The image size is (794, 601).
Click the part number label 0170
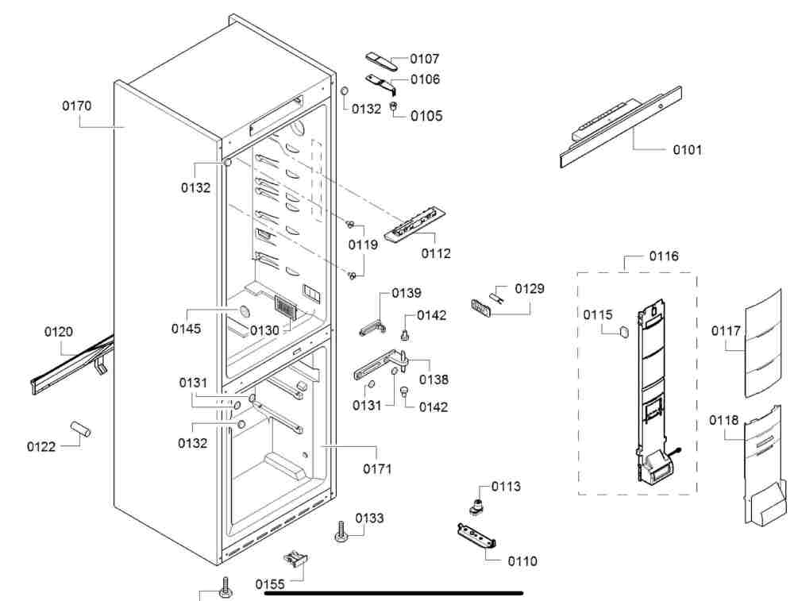coord(77,106)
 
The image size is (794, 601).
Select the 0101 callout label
coord(687,150)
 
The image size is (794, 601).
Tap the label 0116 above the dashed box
coord(664,256)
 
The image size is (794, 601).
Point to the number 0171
coord(377,469)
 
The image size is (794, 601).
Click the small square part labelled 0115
coord(623,331)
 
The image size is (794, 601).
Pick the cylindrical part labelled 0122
coord(80,429)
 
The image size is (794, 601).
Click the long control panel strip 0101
coord(621,127)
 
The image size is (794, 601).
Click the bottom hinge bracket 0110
coord(476,536)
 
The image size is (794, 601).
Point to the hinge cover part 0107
coord(381,61)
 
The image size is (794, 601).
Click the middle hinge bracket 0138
coord(380,365)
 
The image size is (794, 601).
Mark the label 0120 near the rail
coord(59,332)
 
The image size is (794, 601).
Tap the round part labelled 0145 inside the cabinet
coord(244,312)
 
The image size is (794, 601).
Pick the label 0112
coord(436,254)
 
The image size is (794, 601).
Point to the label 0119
coord(363,245)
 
